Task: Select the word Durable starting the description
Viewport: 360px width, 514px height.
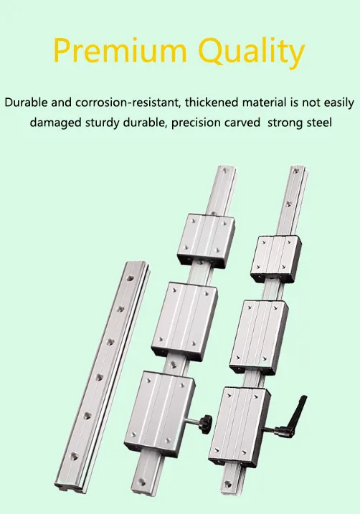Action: coord(28,103)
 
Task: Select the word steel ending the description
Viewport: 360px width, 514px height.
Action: coord(316,123)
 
